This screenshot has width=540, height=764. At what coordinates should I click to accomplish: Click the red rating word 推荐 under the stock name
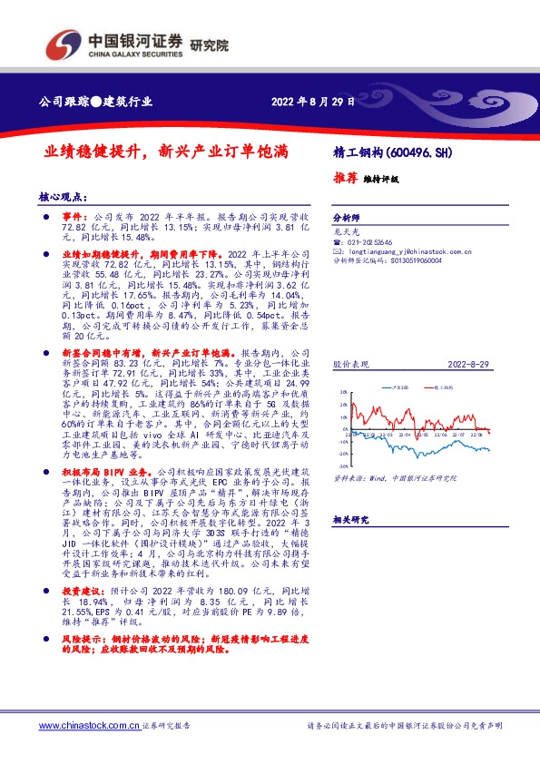[x=346, y=179]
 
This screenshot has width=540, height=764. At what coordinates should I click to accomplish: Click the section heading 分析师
[x=347, y=219]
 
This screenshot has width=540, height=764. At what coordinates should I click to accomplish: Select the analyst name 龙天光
[x=346, y=231]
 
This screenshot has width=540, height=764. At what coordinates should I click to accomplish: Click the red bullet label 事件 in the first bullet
[x=72, y=219]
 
